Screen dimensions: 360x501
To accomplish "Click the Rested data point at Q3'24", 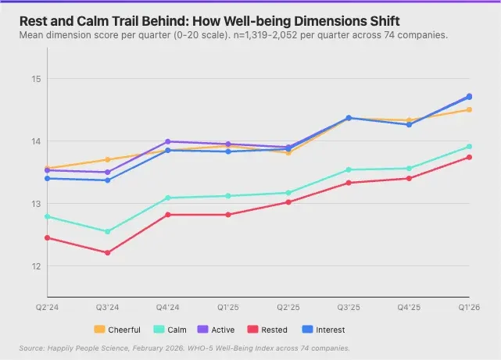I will click(x=107, y=253).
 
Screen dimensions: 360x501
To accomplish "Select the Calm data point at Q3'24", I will click(x=107, y=232).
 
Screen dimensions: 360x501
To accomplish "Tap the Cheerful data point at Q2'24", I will click(x=47, y=168).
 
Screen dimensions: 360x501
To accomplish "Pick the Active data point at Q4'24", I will click(x=167, y=141).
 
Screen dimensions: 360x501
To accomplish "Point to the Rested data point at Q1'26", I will click(x=469, y=157).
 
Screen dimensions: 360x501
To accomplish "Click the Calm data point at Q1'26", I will click(x=469, y=146).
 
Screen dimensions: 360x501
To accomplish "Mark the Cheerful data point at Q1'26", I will click(x=469, y=109).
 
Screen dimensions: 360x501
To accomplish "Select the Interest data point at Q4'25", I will click(x=409, y=125).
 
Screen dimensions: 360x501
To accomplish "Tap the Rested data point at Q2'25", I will click(x=288, y=202).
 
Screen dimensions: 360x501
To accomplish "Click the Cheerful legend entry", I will click(x=117, y=330).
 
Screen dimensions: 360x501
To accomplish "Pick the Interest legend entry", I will click(x=324, y=330).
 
